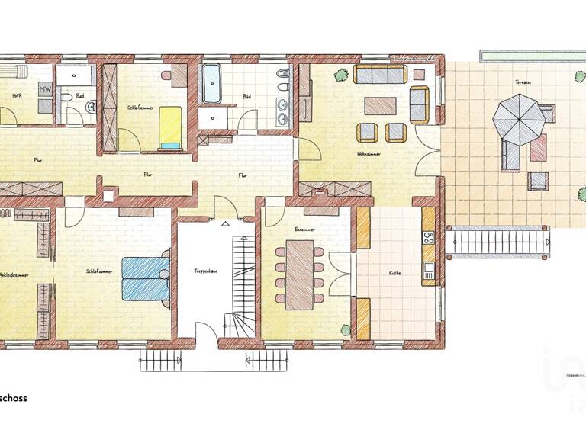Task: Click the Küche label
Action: (394, 272)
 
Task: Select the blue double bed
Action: (146, 278)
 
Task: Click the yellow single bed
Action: (170, 127)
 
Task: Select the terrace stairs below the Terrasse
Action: (497, 242)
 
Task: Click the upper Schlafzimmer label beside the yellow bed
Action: (140, 108)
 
